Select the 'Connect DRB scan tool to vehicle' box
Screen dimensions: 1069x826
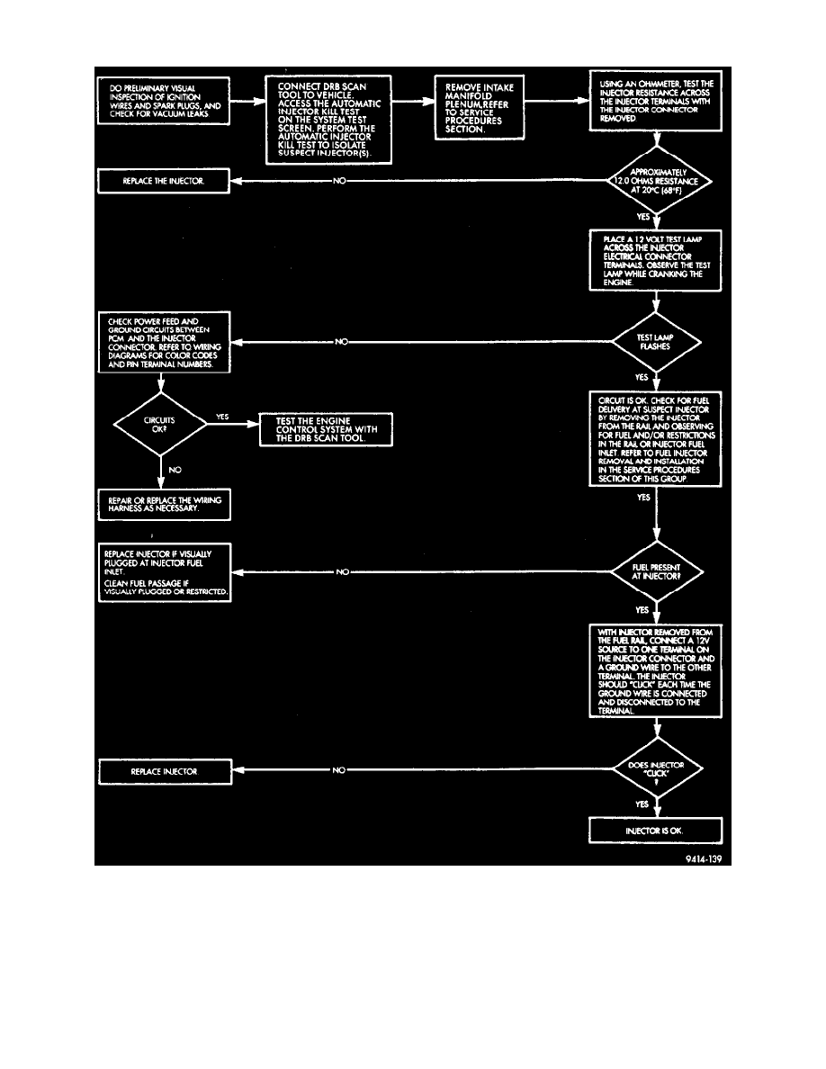[328, 119]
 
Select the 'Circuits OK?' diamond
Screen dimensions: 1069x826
[160, 426]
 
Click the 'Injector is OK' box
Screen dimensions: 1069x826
[656, 831]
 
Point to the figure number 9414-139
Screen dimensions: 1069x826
[702, 858]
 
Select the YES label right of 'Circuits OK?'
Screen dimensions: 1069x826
[222, 418]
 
